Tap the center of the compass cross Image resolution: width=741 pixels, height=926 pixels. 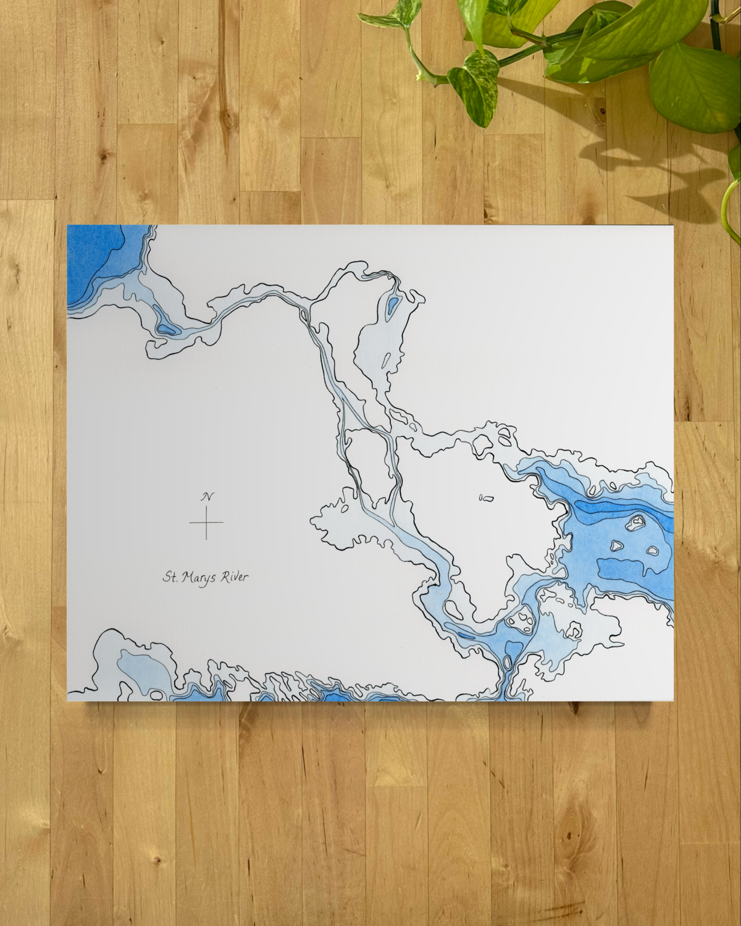[x=206, y=522]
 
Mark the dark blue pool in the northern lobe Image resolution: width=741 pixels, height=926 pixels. [x=392, y=303]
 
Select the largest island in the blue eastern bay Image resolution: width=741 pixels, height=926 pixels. [x=634, y=525]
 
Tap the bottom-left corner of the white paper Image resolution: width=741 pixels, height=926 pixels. [x=67, y=701]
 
